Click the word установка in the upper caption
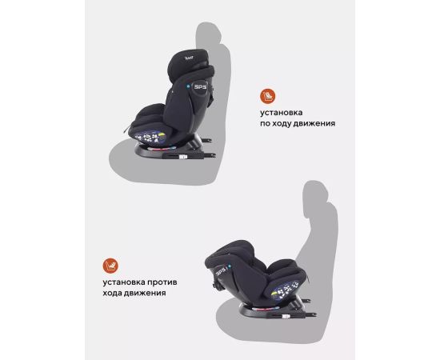281,113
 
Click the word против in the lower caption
162,282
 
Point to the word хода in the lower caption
112,294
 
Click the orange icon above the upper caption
267,96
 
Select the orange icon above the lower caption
110,266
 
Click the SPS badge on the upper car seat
200,86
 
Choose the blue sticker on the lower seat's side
283,291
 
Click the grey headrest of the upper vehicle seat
209,33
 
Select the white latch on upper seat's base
183,158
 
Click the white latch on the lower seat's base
286,316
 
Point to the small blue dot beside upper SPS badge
189,86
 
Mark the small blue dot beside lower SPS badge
230,266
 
